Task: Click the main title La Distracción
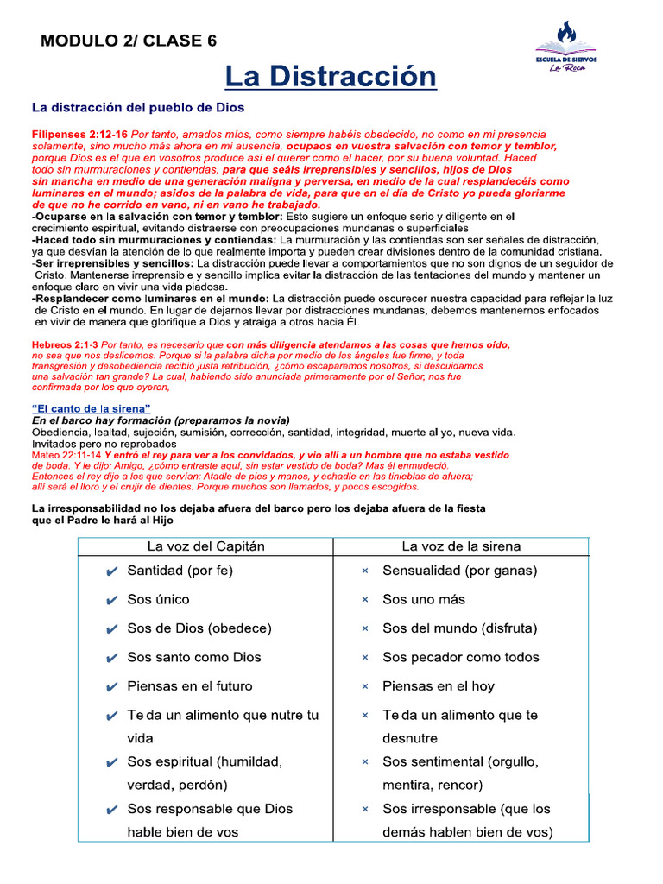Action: pyautogui.click(x=331, y=77)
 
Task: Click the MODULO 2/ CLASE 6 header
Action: pyautogui.click(x=129, y=41)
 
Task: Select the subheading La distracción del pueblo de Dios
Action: pyautogui.click(x=138, y=108)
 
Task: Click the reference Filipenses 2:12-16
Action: pyautogui.click(x=79, y=135)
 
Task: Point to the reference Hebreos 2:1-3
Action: pyautogui.click(x=65, y=344)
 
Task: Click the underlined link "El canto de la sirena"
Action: pyautogui.click(x=92, y=407)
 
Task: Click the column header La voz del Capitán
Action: pyautogui.click(x=206, y=546)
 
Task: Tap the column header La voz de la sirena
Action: pyautogui.click(x=461, y=546)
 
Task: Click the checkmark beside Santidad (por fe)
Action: pyautogui.click(x=110, y=571)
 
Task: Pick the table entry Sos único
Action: pyautogui.click(x=158, y=599)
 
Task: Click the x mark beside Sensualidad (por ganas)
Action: pyautogui.click(x=365, y=571)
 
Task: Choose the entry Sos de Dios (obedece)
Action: pyautogui.click(x=199, y=628)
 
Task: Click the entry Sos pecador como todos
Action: pyautogui.click(x=460, y=657)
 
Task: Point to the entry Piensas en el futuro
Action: pyautogui.click(x=190, y=686)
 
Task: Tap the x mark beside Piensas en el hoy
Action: pyautogui.click(x=365, y=687)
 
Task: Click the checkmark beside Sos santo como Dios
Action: pyautogui.click(x=110, y=658)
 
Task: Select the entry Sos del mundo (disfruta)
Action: pyautogui.click(x=459, y=628)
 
